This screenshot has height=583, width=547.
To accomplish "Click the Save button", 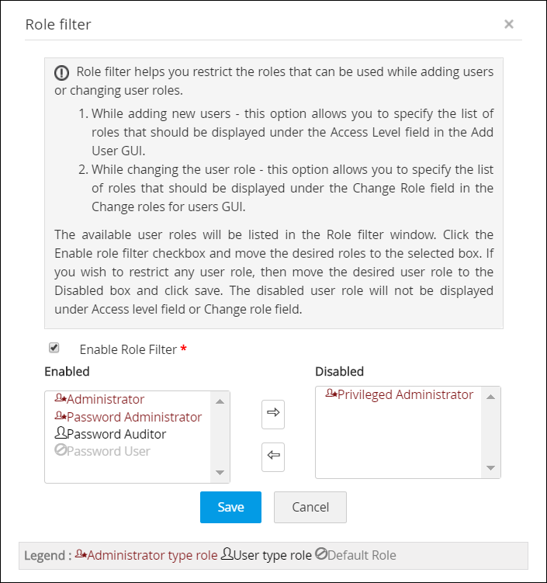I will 230,507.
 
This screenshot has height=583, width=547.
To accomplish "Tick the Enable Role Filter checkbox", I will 54,348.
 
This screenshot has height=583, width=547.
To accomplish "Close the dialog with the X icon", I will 509,24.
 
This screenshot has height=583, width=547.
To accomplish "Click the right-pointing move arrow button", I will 272,414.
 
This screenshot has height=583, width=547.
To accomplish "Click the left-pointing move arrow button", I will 272,456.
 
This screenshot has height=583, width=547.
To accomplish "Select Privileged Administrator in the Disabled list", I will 400,394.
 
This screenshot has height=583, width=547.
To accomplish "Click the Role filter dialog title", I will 58,25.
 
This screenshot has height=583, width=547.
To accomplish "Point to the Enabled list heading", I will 67,371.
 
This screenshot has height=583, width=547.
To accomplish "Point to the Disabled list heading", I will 339,371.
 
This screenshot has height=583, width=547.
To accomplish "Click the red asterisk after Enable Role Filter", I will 183,349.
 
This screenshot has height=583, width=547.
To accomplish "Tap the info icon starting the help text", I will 61,73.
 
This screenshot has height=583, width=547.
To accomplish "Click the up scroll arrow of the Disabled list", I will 490,397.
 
